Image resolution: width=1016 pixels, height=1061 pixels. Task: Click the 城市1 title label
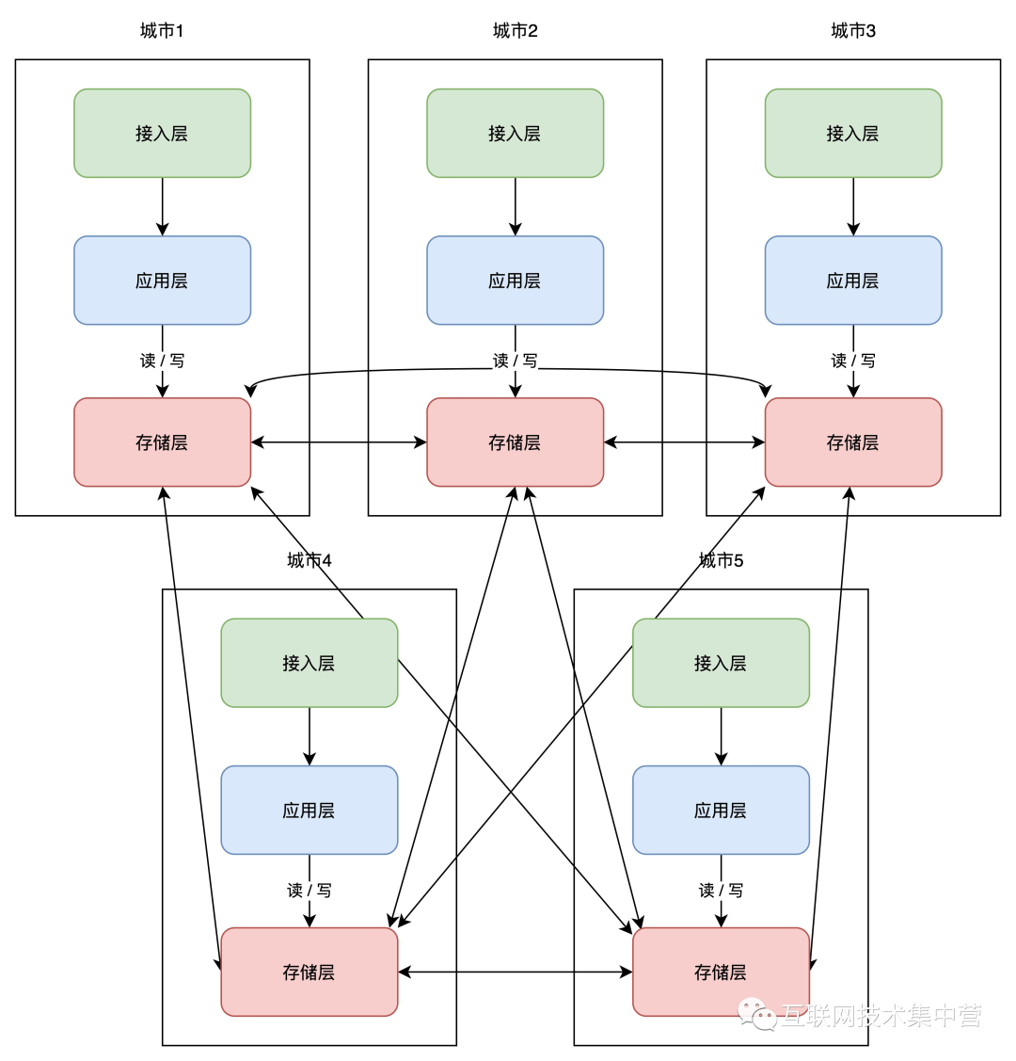162,31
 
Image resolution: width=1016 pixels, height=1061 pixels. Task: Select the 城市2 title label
515,31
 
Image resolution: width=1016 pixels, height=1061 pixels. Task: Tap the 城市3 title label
853,31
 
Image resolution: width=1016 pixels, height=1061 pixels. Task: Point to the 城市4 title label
309,561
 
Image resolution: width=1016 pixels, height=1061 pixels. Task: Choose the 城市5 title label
721,561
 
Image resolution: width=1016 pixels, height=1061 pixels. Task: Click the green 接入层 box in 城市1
162,133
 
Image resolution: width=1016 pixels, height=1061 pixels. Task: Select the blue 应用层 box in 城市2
515,281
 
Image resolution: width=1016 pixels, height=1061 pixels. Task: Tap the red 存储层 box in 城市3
853,442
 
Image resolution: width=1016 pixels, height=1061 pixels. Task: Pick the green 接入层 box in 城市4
309,663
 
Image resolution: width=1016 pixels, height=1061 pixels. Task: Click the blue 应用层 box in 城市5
721,810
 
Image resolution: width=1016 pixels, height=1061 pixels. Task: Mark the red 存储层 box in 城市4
309,972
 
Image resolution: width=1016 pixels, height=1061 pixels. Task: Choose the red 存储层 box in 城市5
721,972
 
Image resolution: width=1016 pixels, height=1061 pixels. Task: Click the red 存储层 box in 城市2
515,442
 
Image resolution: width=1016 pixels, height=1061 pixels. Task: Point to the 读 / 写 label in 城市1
162,361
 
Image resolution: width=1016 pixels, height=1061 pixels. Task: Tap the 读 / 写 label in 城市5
721,891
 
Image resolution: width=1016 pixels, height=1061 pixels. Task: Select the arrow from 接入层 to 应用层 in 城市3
853,206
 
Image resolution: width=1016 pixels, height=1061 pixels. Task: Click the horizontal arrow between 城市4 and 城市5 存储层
515,972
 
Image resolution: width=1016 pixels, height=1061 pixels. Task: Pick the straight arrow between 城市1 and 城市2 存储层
339,442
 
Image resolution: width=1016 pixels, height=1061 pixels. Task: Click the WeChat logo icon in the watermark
757,1014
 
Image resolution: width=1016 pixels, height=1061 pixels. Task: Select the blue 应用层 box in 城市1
162,281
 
